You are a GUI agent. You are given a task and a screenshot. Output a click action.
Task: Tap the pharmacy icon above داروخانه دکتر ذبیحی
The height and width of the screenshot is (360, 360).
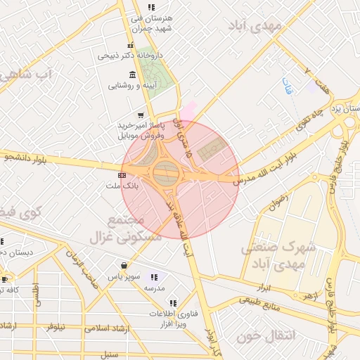pos(130,46)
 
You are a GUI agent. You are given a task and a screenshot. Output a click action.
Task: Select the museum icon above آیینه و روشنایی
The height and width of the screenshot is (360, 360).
pos(133,75)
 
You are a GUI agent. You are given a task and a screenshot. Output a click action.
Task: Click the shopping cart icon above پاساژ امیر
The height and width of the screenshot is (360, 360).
pos(141,115)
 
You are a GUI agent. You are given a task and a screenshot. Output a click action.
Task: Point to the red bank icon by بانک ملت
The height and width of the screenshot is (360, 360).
pos(122,174)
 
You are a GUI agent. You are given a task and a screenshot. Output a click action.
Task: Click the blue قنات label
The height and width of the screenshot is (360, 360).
pos(287,86)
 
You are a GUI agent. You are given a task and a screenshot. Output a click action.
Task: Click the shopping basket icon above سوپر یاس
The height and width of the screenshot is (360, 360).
pos(124,266)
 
